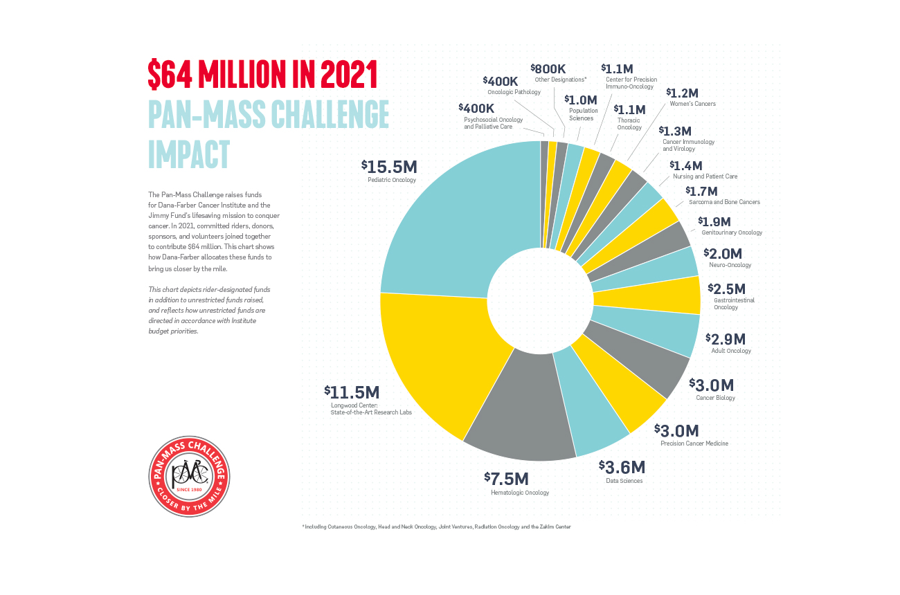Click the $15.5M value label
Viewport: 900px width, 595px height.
tap(389, 166)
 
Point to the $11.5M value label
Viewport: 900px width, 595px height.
tap(352, 391)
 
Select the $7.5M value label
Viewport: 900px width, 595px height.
tap(507, 478)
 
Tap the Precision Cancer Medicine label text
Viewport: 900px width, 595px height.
tap(694, 443)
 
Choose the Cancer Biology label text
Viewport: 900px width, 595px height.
tap(715, 398)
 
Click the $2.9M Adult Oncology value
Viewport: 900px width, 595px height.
tap(725, 339)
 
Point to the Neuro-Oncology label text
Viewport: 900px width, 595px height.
tap(730, 265)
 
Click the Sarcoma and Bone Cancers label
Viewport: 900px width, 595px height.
tap(724, 202)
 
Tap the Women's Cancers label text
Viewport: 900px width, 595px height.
tap(692, 104)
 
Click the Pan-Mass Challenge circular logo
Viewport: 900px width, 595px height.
tap(190, 476)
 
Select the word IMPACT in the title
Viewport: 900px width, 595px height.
tap(188, 154)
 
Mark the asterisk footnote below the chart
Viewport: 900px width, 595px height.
tap(436, 527)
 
